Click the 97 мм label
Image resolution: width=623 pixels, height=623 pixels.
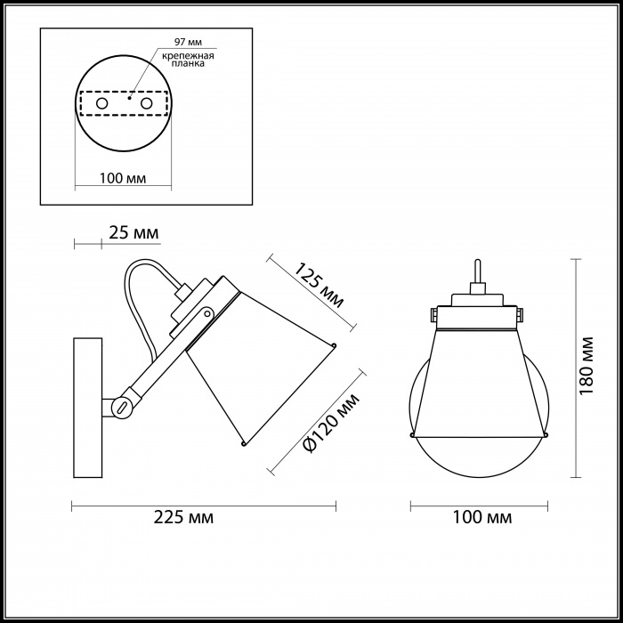(188, 42)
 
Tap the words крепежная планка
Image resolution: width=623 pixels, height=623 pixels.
(188, 60)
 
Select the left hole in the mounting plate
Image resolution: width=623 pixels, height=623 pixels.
(102, 104)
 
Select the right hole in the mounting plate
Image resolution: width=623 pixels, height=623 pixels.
(146, 104)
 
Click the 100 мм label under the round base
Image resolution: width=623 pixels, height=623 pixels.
(123, 178)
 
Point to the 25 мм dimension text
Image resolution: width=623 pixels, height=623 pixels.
(133, 233)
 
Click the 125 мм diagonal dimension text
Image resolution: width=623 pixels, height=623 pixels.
(318, 286)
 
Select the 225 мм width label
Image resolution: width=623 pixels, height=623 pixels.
(183, 518)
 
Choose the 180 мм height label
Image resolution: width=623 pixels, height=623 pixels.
(587, 366)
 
